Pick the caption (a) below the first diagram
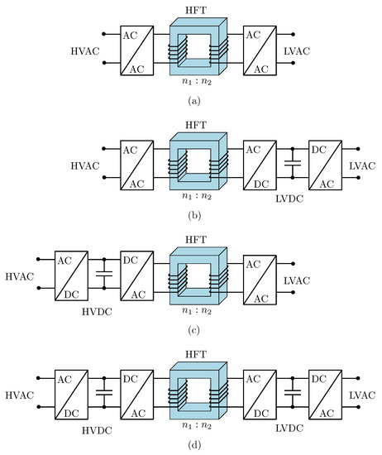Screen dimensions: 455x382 (x=192, y=101)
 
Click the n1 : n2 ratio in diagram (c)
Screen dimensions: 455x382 (x=192, y=309)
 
